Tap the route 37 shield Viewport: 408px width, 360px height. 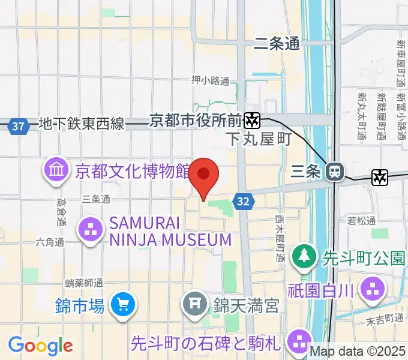click(19, 126)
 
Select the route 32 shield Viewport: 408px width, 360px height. click(242, 202)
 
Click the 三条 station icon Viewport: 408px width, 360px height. click(334, 172)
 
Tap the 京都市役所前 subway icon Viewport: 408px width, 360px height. click(253, 121)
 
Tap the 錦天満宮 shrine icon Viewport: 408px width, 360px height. click(195, 305)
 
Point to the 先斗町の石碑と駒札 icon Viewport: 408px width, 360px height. click(298, 344)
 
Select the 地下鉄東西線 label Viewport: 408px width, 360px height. click(81, 124)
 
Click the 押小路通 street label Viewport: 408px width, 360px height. click(210, 80)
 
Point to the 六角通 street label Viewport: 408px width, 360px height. click(49, 242)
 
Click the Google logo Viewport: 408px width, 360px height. click(40, 346)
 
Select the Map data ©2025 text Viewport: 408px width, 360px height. click(357, 351)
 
